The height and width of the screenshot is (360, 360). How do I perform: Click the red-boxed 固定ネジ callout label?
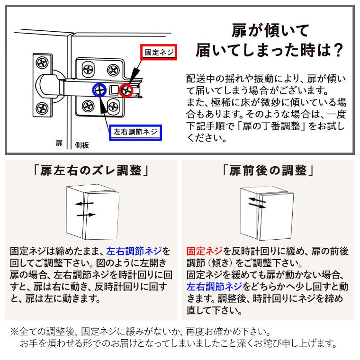pyautogui.click(x=159, y=53)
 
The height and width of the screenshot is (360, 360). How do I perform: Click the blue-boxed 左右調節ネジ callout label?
pyautogui.click(x=135, y=132)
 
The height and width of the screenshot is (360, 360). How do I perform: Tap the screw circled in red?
pyautogui.click(x=126, y=90)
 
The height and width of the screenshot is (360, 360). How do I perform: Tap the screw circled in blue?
pyautogui.click(x=99, y=90)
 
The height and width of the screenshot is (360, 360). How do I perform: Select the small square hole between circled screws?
pyautogui.click(x=113, y=90)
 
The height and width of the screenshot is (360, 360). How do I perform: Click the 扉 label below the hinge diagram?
pyautogui.click(x=59, y=143)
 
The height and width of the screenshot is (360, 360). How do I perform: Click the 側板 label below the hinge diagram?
pyautogui.click(x=82, y=145)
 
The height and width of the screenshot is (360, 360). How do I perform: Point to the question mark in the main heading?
pyautogui.click(x=338, y=50)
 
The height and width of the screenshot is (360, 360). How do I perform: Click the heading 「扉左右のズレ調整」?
pyautogui.click(x=90, y=171)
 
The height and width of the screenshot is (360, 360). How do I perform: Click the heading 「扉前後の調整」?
pyautogui.click(x=268, y=171)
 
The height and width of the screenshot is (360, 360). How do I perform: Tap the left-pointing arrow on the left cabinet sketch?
pyautogui.click(x=84, y=203)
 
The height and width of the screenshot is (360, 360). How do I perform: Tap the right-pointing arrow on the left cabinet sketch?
pyautogui.click(x=86, y=215)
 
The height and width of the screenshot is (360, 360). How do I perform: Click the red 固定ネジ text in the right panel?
pyautogui.click(x=204, y=251)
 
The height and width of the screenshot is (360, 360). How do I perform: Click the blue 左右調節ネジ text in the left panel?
pyautogui.click(x=134, y=251)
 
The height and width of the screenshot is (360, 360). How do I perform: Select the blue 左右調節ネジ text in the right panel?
pyautogui.click(x=214, y=287)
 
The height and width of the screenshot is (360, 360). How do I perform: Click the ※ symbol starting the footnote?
pyautogui.click(x=14, y=332)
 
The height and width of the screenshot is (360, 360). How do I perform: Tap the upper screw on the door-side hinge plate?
pyautogui.click(x=43, y=62)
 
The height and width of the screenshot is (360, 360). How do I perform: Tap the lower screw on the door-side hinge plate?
pyautogui.click(x=42, y=108)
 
